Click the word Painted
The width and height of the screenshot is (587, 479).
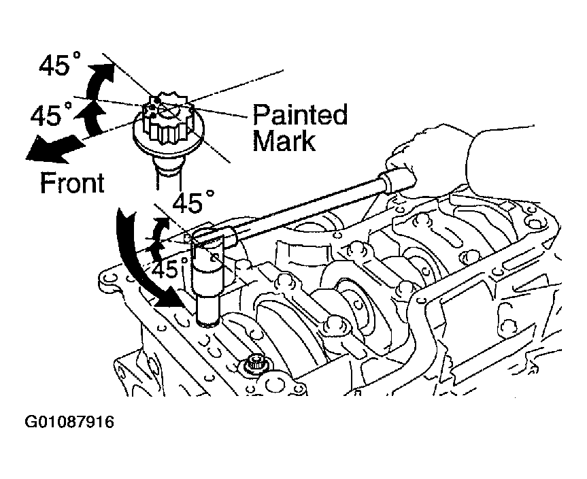(x=300, y=114)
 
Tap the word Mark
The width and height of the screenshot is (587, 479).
(x=284, y=140)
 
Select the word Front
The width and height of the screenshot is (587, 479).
(x=72, y=183)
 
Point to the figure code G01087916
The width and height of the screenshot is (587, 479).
(x=69, y=422)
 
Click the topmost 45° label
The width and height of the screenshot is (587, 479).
(x=59, y=65)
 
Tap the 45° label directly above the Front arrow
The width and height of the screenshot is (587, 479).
(x=50, y=114)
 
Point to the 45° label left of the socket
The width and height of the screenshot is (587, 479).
(x=169, y=268)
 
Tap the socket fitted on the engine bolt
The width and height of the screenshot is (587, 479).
(x=207, y=277)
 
